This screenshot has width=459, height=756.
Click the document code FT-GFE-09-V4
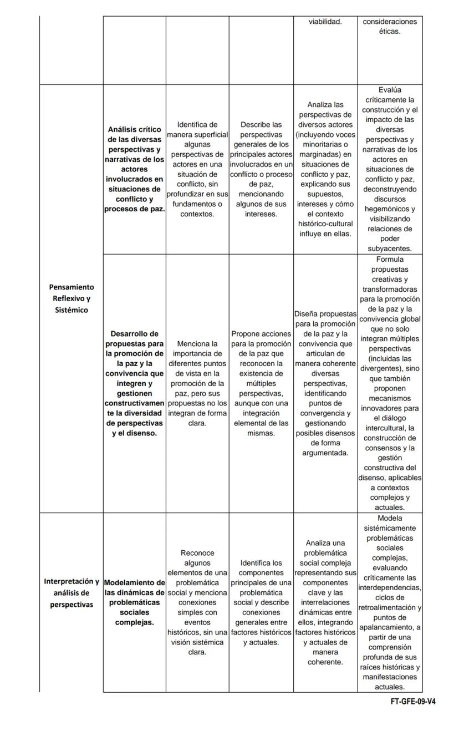click(412, 701)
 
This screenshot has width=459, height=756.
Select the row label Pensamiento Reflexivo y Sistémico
click(72, 298)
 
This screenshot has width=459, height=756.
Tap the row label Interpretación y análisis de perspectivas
click(72, 593)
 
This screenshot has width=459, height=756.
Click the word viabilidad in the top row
click(325, 22)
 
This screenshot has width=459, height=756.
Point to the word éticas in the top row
click(389, 32)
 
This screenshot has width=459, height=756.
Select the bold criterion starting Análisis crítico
click(134, 169)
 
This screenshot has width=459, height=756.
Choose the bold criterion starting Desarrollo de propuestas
click(134, 383)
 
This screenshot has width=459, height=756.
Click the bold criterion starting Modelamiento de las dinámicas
click(134, 602)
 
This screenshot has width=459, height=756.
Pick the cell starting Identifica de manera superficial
click(197, 169)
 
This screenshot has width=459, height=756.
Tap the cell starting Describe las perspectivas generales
click(261, 169)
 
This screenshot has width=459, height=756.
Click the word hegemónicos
click(389, 209)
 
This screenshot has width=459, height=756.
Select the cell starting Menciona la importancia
click(197, 383)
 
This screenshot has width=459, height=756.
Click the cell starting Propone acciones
click(261, 383)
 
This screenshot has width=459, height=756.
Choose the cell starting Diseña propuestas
click(325, 383)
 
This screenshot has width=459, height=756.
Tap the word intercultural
click(389, 428)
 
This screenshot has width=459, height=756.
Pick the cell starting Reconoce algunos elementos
click(197, 602)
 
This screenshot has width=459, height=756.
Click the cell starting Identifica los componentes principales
click(261, 602)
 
